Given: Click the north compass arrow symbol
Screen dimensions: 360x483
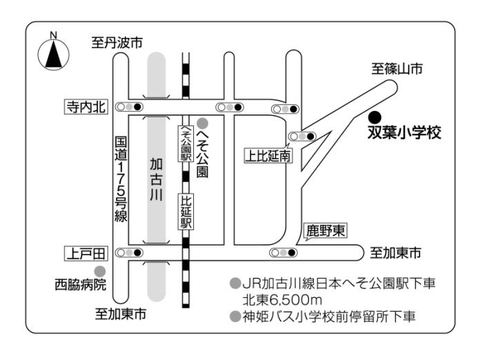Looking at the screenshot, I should (53, 54).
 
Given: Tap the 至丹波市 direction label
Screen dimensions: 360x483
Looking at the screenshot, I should (118, 43).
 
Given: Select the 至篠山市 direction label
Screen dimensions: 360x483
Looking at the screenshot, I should (397, 68).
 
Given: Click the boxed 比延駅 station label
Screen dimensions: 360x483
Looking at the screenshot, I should (185, 212).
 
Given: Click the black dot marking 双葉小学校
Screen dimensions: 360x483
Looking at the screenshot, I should (373, 116).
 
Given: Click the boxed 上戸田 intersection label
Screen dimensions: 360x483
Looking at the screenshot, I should (83, 253).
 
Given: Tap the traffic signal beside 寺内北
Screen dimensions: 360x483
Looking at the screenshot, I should (130, 107).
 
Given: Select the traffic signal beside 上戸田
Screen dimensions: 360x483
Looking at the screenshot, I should (130, 253).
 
